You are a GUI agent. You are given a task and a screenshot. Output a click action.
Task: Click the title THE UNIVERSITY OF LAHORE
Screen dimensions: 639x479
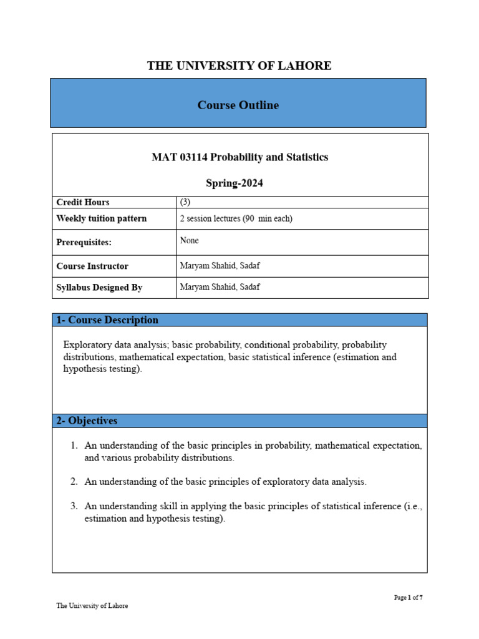239,66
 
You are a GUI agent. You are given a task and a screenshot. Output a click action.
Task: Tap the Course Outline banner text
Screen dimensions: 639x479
238,105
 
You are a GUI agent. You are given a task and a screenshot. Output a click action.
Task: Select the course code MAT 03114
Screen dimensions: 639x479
179,157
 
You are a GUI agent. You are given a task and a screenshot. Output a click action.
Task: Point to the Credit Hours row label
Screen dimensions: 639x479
83,202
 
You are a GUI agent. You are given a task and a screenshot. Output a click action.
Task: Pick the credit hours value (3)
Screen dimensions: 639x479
185,202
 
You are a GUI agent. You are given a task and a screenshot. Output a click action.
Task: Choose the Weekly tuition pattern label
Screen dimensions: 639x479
102,218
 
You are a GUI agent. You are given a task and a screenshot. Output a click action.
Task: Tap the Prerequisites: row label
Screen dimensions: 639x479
84,242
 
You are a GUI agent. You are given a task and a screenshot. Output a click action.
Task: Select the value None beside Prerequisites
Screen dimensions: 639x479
189,240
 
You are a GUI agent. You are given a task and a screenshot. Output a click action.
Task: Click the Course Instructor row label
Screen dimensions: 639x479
92,266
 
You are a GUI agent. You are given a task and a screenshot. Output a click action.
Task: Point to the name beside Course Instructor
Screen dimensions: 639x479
220,266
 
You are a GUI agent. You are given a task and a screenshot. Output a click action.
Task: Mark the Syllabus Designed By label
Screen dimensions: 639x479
99,288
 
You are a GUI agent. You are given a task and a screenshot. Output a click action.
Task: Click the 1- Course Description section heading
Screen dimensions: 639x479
107,320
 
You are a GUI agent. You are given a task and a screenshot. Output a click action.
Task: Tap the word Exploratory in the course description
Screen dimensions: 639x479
88,344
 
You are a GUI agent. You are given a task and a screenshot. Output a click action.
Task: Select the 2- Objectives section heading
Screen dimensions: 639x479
87,421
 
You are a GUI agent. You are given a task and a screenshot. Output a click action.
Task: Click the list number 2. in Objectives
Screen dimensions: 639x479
74,482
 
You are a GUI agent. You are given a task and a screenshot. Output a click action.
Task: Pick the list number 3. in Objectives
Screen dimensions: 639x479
74,506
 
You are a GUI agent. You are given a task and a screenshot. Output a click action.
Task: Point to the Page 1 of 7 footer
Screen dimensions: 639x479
409,597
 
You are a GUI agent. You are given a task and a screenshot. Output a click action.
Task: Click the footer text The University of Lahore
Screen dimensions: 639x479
92,605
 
